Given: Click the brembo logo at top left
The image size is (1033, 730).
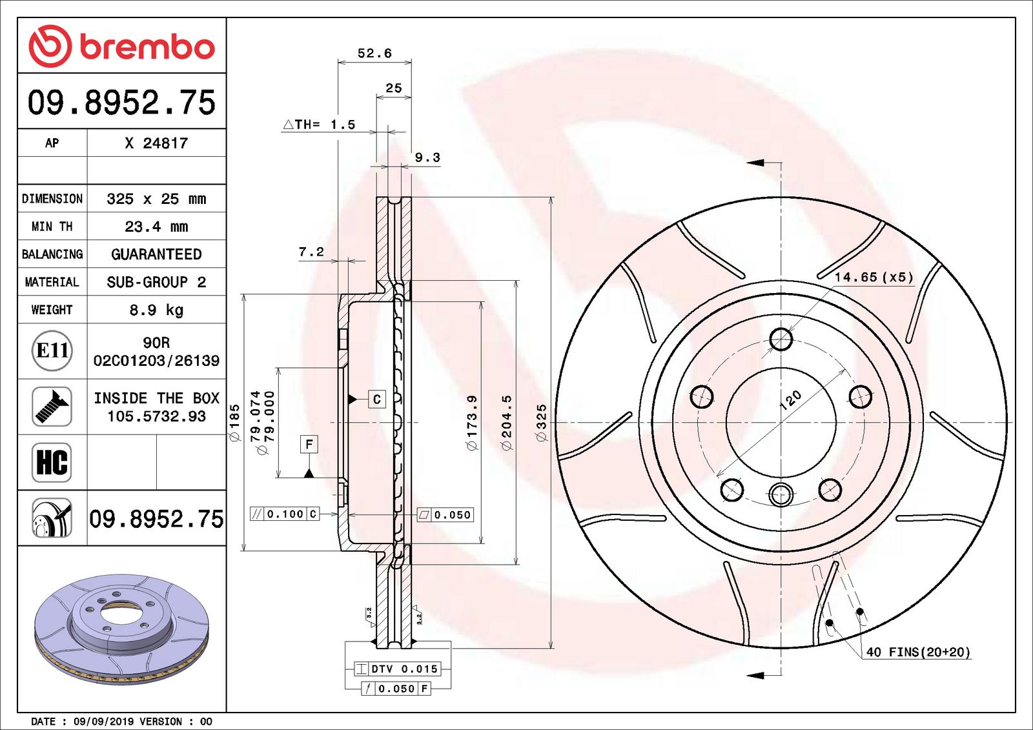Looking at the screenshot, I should pyautogui.click(x=121, y=46).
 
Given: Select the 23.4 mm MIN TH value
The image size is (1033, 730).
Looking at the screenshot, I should pyautogui.click(x=156, y=227).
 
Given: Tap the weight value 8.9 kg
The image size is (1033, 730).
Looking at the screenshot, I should pyautogui.click(x=156, y=310).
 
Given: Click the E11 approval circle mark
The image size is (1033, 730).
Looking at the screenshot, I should pyautogui.click(x=52, y=350).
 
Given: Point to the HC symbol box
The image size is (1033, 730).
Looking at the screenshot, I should pyautogui.click(x=52, y=462).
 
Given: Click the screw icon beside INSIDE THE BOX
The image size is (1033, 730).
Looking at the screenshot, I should pyautogui.click(x=52, y=407).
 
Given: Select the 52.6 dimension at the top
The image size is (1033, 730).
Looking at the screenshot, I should pyautogui.click(x=374, y=53).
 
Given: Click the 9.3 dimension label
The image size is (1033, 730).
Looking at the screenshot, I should pyautogui.click(x=427, y=157).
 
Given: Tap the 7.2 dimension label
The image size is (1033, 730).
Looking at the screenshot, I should pyautogui.click(x=311, y=252).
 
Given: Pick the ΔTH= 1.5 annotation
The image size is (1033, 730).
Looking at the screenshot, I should pyautogui.click(x=320, y=125).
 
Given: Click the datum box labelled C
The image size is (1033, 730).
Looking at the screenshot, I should pyautogui.click(x=377, y=399).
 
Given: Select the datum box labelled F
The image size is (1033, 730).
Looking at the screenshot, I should pyautogui.click(x=309, y=444).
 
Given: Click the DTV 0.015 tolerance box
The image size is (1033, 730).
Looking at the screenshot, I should pyautogui.click(x=398, y=669).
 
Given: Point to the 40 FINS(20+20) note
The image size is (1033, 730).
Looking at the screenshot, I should pyautogui.click(x=917, y=652).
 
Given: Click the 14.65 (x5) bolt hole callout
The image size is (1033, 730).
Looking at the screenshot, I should pyautogui.click(x=874, y=277).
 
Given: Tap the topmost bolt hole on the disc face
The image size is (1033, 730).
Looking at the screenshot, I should pyautogui.click(x=781, y=339).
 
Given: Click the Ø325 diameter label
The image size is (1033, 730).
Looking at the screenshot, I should pyautogui.click(x=541, y=423).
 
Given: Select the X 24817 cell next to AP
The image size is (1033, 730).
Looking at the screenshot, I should pyautogui.click(x=156, y=143).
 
